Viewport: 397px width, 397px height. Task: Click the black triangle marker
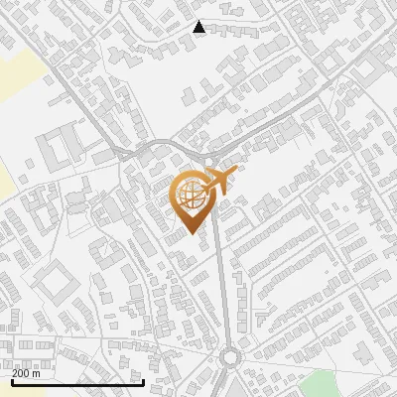pos(199,27)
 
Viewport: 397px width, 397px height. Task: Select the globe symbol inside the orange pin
pos(192,196)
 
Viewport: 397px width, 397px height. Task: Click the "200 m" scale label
pos(27,374)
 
